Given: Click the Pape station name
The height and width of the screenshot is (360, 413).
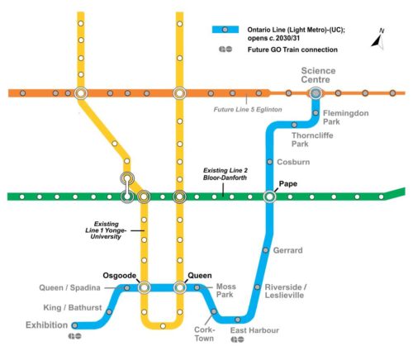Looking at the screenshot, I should (288, 185).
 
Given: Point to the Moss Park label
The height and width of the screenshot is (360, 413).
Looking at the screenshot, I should (225, 291).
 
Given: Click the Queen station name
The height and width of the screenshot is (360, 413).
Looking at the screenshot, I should (200, 275).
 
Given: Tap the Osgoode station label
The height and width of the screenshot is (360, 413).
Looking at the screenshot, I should (119, 275).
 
